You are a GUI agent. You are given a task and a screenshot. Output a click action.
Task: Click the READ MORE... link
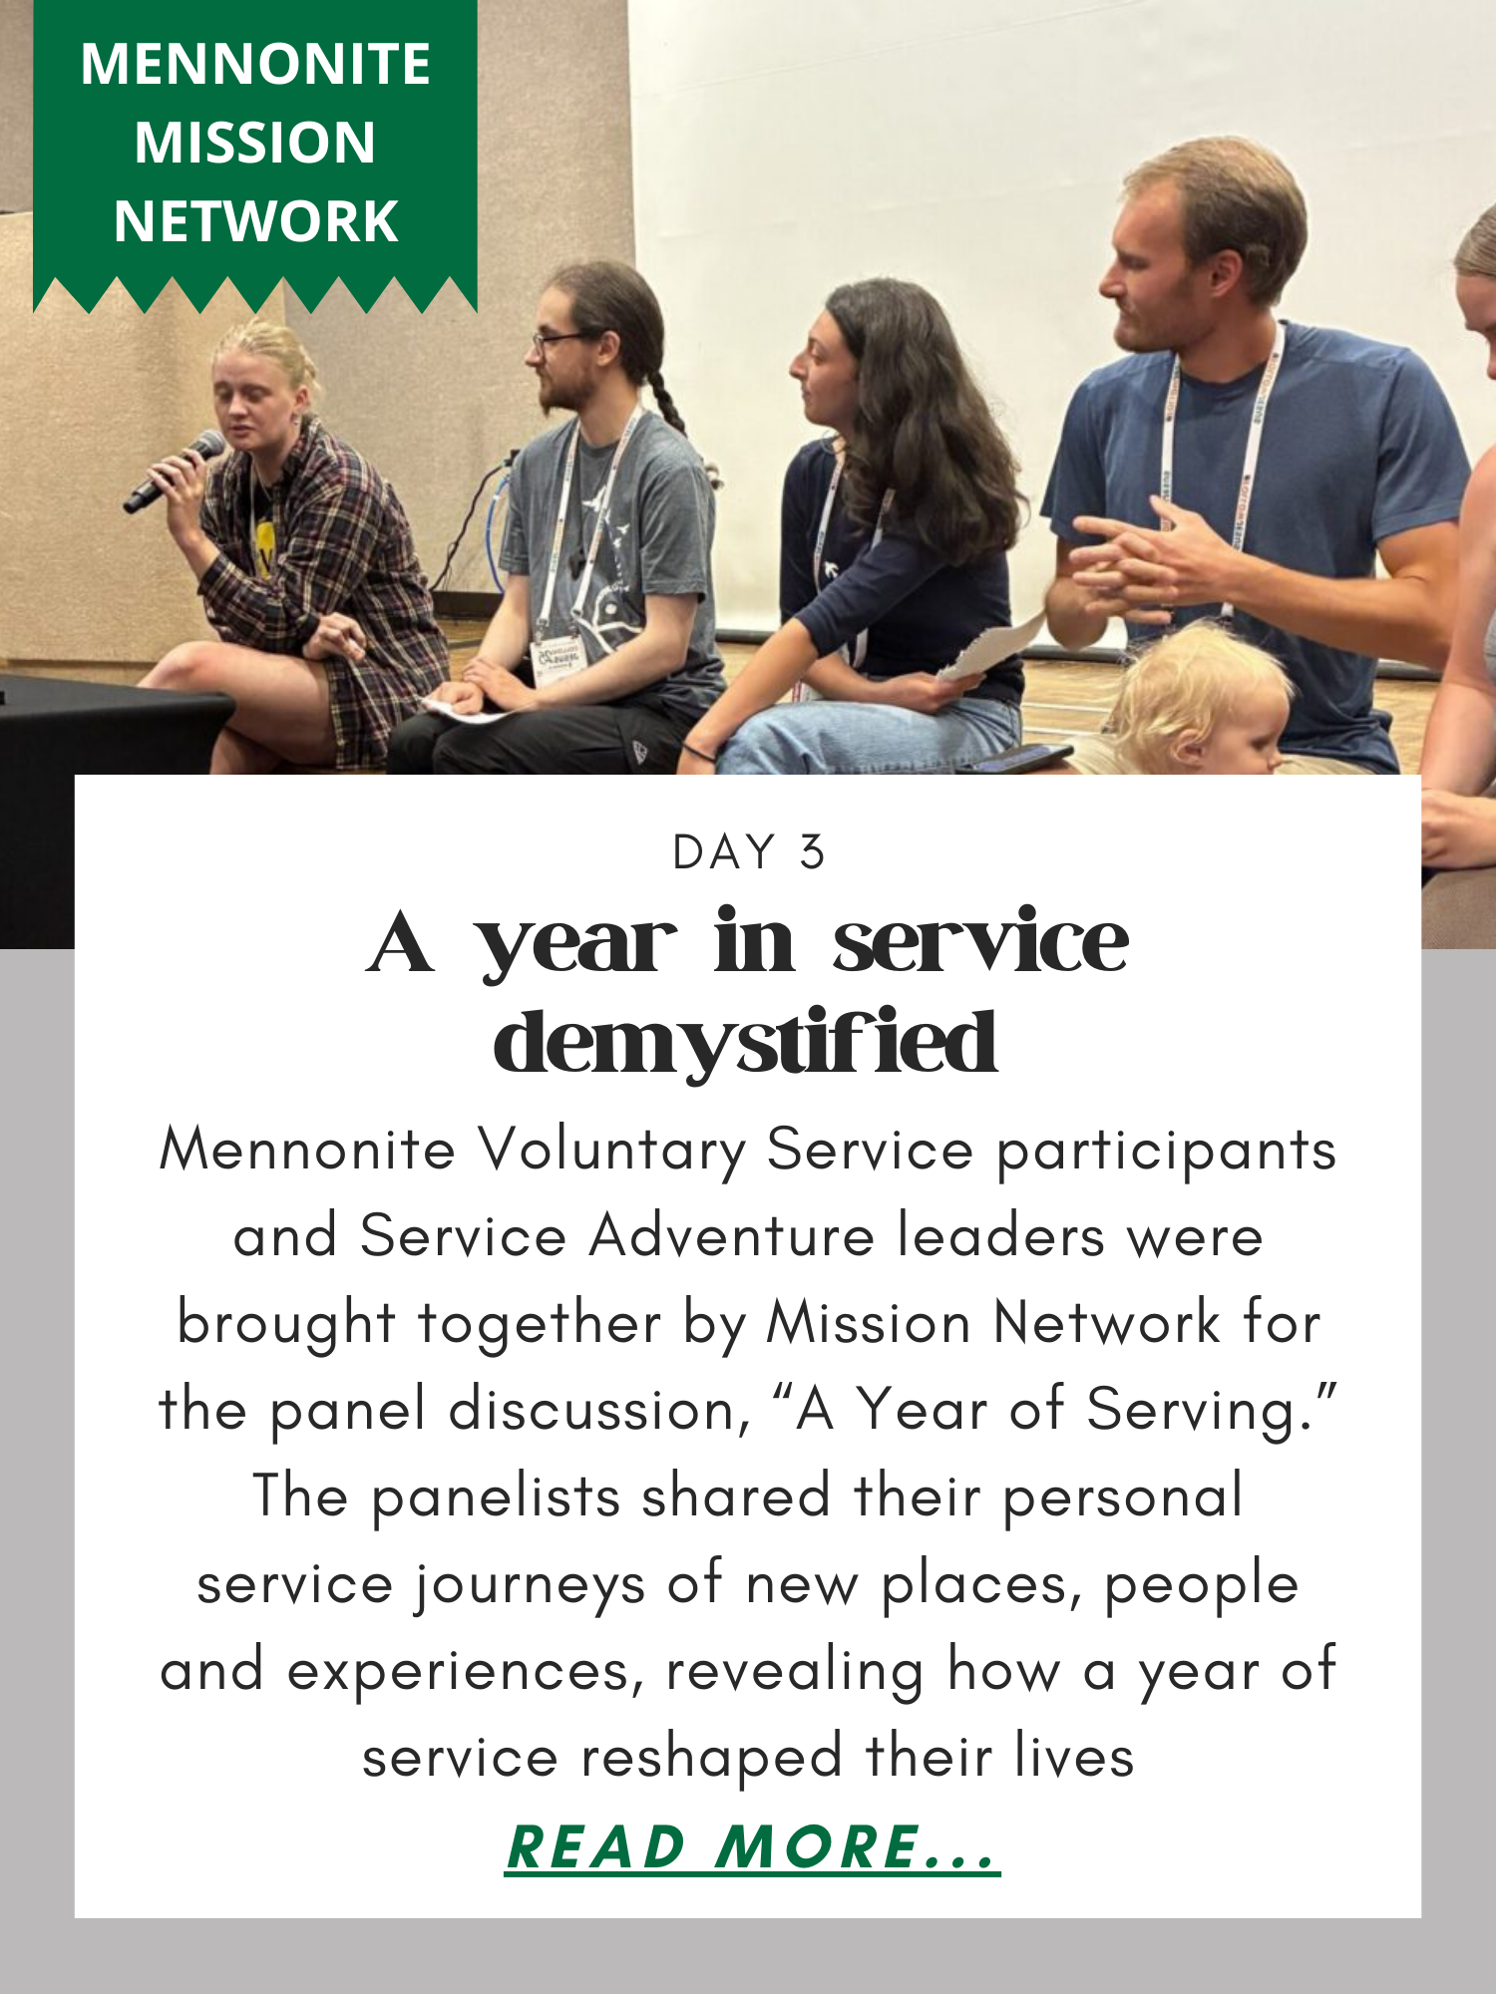tap(752, 1846)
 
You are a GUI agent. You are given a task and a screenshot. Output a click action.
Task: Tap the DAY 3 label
tap(749, 852)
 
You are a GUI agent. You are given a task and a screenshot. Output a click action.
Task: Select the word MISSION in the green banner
tap(255, 142)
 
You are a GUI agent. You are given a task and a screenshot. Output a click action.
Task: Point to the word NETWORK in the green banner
tap(255, 220)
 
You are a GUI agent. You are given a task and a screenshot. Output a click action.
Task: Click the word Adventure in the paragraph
tap(732, 1236)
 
